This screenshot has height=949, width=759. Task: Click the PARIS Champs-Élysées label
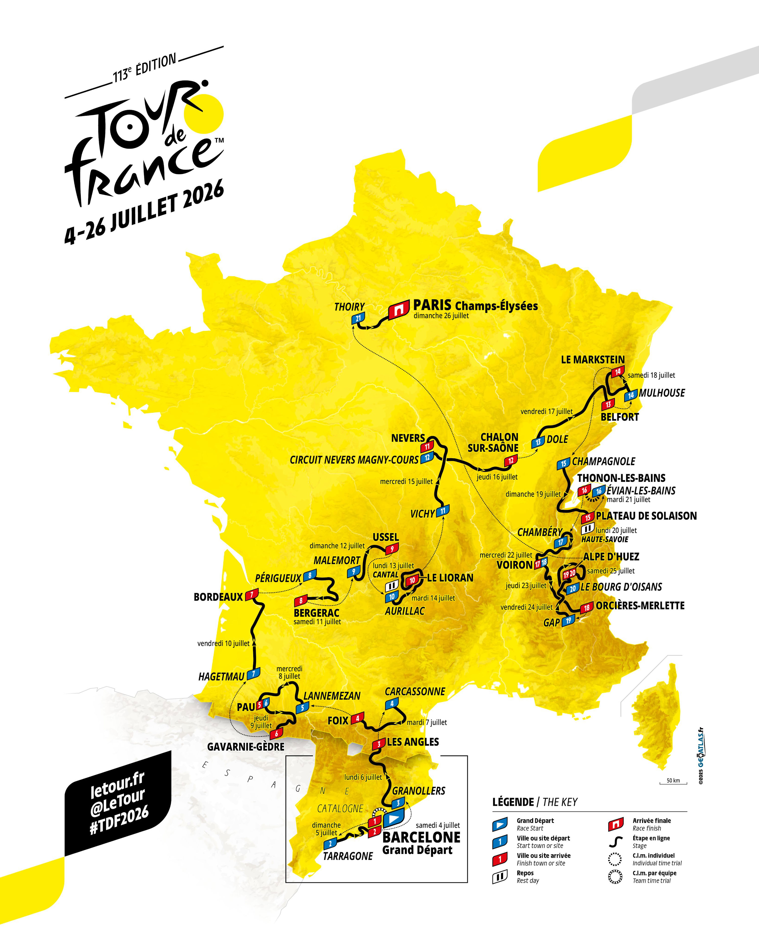pyautogui.click(x=475, y=305)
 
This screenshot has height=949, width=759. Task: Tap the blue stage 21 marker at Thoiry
pyautogui.click(x=358, y=318)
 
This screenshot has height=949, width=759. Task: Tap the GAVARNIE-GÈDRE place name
pyautogui.click(x=246, y=747)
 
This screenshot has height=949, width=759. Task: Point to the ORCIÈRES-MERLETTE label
pyautogui.click(x=640, y=606)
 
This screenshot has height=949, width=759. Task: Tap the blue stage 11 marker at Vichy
pyautogui.click(x=443, y=511)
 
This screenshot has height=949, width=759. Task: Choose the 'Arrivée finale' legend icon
pyautogui.click(x=615, y=823)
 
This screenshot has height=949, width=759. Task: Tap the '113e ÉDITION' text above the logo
pyautogui.click(x=144, y=68)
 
